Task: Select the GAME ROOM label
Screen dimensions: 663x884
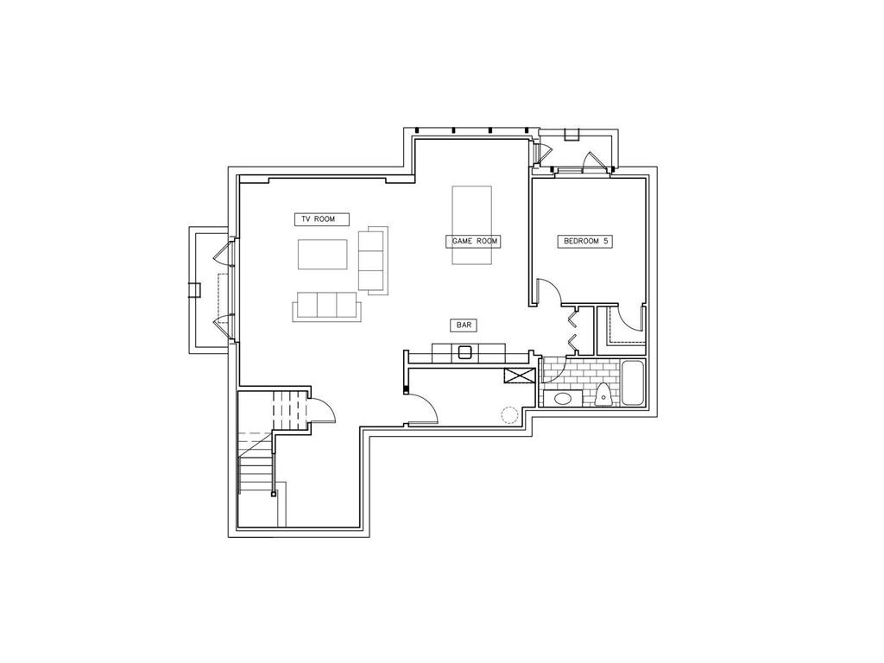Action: [473, 241]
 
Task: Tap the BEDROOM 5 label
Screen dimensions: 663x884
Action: [587, 242]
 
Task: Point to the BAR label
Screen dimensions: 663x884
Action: [464, 325]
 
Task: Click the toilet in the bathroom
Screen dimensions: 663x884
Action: [604, 395]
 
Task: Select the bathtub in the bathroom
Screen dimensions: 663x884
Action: [633, 383]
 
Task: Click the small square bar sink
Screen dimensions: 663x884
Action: [465, 351]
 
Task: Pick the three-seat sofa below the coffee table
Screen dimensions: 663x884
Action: [326, 306]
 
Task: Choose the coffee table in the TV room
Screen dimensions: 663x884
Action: [323, 254]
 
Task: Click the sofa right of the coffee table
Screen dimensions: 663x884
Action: [372, 259]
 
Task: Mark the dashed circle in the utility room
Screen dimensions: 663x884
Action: [509, 414]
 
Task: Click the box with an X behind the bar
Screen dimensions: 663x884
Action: [521, 376]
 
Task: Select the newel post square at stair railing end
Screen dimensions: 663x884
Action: [274, 494]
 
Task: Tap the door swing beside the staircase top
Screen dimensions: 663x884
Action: [320, 407]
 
